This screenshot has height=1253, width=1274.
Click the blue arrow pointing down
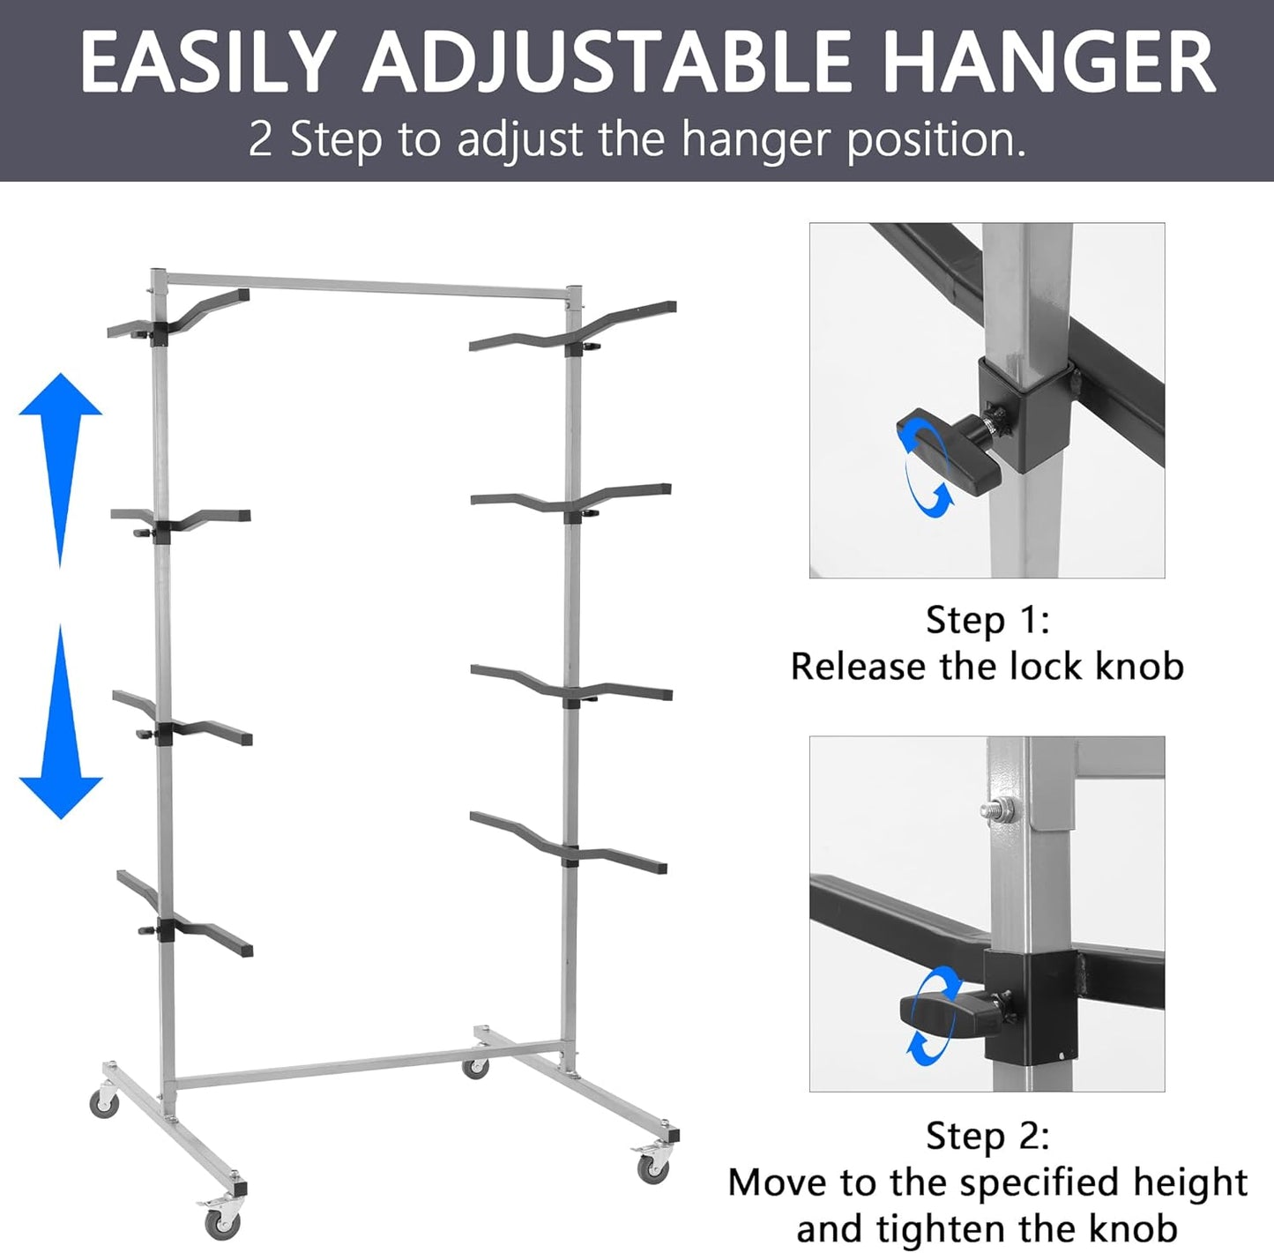coord(61,723)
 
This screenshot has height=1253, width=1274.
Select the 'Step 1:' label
coord(987,620)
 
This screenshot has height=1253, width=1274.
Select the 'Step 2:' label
coord(987,1136)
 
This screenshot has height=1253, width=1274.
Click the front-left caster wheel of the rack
coord(221,1222)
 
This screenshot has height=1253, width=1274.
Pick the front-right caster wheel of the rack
coord(652,1169)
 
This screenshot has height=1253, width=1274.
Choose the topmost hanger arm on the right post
coord(573,331)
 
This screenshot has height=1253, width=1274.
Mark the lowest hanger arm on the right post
coord(569,842)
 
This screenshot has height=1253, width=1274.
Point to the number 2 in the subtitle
coord(260,139)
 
